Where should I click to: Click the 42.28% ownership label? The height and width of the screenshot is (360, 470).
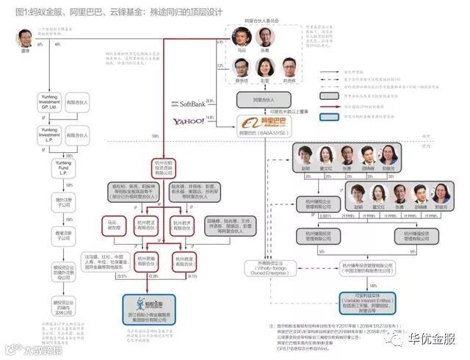click(153, 276)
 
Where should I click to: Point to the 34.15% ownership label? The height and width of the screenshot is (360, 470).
click(193, 276)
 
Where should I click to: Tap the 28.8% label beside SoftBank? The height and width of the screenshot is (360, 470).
click(209, 101)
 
